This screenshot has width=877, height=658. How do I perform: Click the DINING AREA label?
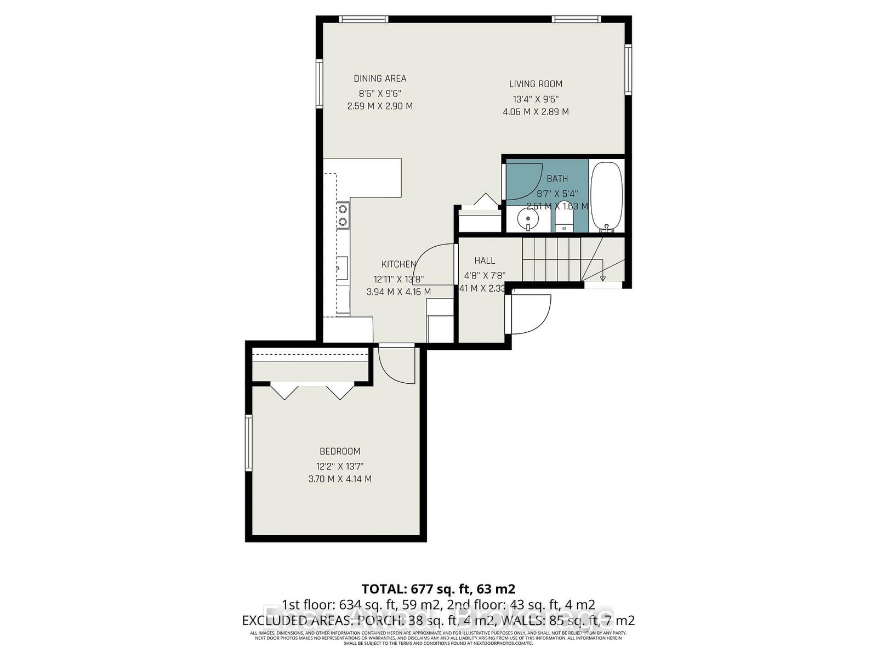380,78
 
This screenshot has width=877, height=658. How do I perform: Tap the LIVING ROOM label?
536,84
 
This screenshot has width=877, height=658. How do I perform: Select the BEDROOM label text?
340,451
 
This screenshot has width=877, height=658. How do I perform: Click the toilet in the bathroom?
563,220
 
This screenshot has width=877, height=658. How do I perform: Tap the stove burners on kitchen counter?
343,215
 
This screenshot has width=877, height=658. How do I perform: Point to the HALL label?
485,260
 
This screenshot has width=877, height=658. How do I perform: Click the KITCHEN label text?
398,264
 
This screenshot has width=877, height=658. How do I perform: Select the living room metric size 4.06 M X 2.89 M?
536,112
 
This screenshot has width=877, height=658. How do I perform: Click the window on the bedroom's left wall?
249,443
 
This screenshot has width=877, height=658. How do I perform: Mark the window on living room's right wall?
629,70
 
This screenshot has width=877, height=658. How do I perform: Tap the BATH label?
557,179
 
